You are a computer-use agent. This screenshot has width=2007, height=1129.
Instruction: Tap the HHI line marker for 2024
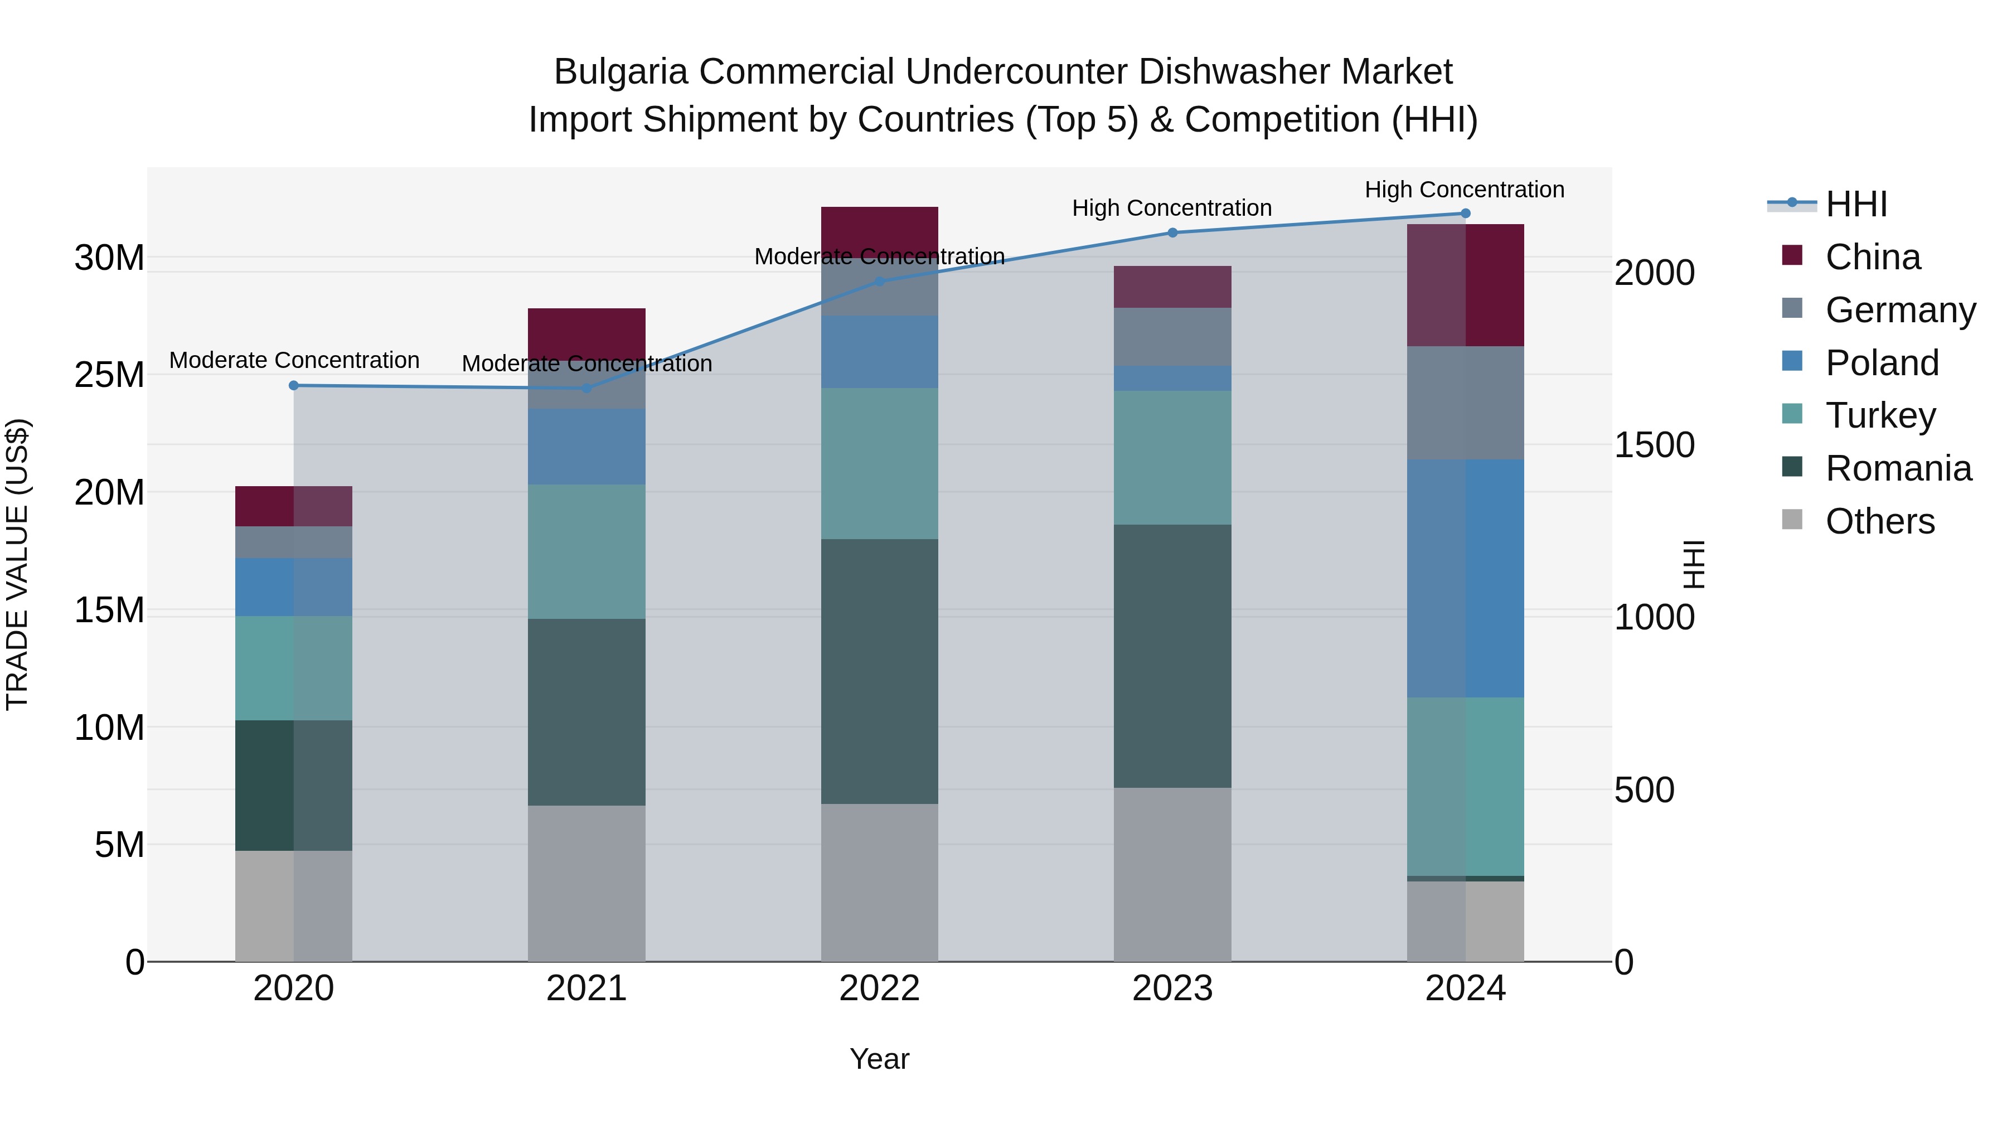pyautogui.click(x=1465, y=214)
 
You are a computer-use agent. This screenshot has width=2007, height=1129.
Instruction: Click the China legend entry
pyautogui.click(x=1872, y=257)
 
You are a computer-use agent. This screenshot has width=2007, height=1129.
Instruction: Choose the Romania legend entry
pyautogui.click(x=1898, y=468)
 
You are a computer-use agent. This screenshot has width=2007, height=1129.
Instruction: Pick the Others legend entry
pyautogui.click(x=1879, y=521)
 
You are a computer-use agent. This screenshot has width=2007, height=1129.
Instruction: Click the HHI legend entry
pyautogui.click(x=1856, y=204)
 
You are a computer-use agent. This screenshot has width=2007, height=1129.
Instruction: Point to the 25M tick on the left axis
pyautogui.click(x=109, y=375)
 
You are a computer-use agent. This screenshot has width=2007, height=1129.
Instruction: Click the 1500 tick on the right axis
pyautogui.click(x=1654, y=445)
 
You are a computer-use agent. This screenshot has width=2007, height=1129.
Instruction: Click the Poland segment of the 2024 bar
pyautogui.click(x=1465, y=578)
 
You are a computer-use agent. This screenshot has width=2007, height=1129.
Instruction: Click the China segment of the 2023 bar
pyautogui.click(x=1172, y=287)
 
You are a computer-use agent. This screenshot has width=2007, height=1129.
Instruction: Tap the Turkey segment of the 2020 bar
pyautogui.click(x=294, y=668)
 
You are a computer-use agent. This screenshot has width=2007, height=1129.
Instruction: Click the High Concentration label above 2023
pyautogui.click(x=1172, y=208)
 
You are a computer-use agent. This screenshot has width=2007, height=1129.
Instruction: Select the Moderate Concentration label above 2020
pyautogui.click(x=294, y=360)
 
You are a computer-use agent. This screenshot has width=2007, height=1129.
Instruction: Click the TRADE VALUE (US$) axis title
pyautogui.click(x=17, y=564)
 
